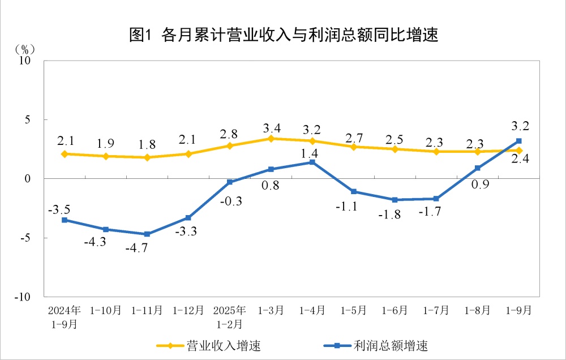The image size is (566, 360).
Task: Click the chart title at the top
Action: point(284,35)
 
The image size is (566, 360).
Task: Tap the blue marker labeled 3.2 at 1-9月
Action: point(518,141)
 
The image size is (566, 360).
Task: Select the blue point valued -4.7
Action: point(147,234)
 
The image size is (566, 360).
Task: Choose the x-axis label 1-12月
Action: point(188,311)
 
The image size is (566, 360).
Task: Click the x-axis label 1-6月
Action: point(395,311)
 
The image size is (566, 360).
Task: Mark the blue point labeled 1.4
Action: point(312,162)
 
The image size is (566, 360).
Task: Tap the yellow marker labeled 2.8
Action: point(230,145)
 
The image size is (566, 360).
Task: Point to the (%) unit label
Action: point(25,49)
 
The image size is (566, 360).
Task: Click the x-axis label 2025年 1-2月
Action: point(230,317)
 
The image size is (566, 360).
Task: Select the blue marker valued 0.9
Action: point(477,168)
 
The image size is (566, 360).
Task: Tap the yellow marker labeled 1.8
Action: point(147,157)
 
